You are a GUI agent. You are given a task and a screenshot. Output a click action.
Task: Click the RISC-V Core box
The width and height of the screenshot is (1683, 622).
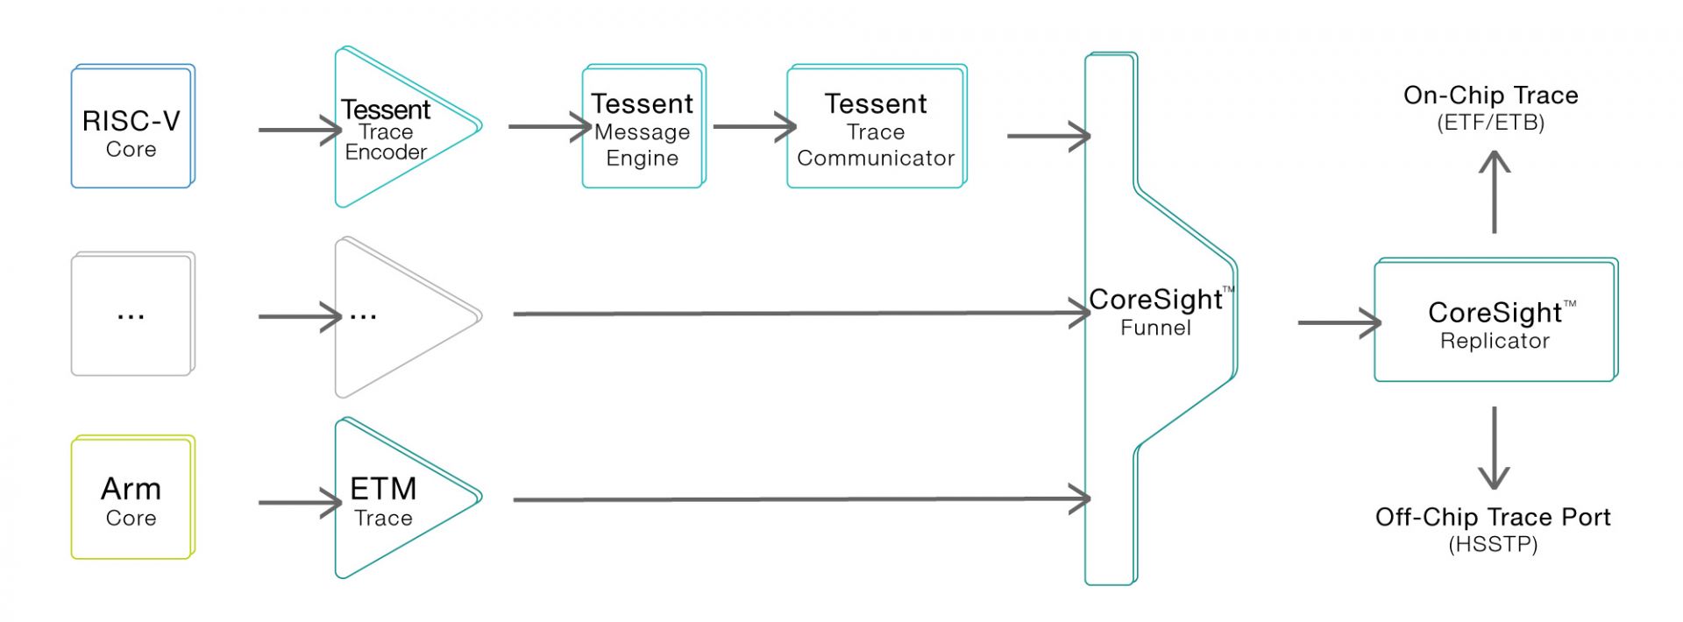[x=132, y=127]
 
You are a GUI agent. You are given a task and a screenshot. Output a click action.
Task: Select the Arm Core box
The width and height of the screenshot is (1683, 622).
[x=132, y=498]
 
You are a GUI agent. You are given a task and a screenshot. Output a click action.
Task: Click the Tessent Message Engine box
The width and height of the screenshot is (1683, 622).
[x=643, y=128]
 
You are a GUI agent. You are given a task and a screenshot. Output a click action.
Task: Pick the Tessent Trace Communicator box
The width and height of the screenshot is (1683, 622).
[x=876, y=128]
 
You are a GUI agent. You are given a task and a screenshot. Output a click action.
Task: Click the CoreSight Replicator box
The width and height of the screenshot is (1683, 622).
[x=1495, y=322]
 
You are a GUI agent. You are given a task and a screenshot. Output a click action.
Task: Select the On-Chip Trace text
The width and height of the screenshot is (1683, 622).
[x=1490, y=95]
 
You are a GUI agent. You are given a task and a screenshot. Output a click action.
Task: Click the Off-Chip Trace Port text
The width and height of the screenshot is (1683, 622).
[x=1492, y=517]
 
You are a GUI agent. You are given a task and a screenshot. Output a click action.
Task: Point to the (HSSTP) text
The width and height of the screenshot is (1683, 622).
[x=1492, y=544]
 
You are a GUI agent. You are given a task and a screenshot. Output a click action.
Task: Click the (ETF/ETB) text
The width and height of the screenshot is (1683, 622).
[x=1490, y=123]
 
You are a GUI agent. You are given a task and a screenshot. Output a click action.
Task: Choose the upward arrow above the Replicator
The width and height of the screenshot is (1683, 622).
[x=1495, y=193]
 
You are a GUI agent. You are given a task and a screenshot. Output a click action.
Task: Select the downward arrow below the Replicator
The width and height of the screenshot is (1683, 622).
[x=1494, y=447]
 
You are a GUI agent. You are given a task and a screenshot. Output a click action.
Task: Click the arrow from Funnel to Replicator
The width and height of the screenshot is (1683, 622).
[x=1339, y=322]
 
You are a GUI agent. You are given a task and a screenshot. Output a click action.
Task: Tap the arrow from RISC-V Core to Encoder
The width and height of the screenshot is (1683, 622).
[x=299, y=131]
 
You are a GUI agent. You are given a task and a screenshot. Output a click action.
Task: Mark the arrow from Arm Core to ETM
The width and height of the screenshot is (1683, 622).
[x=299, y=503]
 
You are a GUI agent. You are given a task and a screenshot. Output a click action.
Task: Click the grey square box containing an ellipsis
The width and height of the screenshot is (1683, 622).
[x=132, y=315]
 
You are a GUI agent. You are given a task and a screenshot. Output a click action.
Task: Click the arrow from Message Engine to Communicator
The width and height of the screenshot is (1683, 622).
[x=754, y=126]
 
